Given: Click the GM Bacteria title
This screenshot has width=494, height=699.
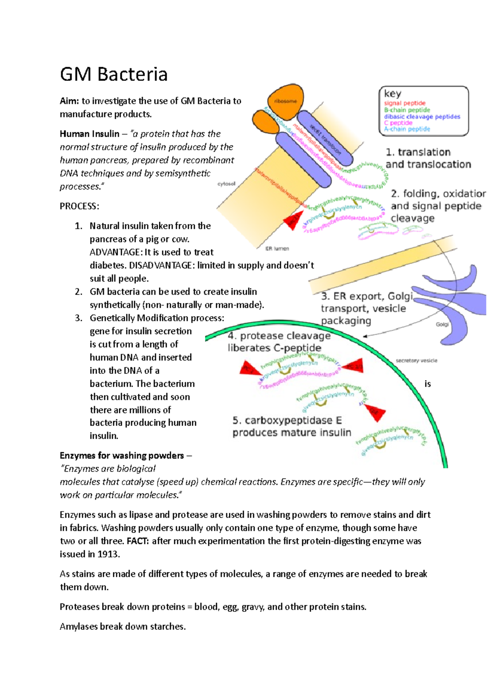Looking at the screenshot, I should tap(114, 75).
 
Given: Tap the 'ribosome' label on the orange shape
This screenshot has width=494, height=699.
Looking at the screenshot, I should tap(285, 101).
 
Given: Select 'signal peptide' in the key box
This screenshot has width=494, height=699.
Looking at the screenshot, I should tap(404, 103).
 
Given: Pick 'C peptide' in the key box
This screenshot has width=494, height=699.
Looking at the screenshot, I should tap(398, 123).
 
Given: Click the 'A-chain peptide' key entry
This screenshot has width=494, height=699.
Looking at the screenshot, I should tap(407, 129).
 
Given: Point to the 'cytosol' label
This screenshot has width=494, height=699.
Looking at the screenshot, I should tap(226, 184).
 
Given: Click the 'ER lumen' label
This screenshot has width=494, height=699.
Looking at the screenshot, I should tap(277, 249).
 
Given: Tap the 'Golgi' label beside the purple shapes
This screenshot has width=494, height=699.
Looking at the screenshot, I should tap(442, 324).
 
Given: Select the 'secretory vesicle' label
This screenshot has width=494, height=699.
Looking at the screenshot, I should tap(416, 361).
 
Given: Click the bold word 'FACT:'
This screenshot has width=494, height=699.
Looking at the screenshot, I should tap(138, 541).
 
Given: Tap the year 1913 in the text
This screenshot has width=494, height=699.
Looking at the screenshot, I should tap(108, 554).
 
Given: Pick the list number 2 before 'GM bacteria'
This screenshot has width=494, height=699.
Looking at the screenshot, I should tap(79, 292).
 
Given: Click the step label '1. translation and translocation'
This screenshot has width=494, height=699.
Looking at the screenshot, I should tap(428, 158).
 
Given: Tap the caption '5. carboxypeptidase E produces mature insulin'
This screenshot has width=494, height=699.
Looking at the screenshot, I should tap(291, 426).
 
